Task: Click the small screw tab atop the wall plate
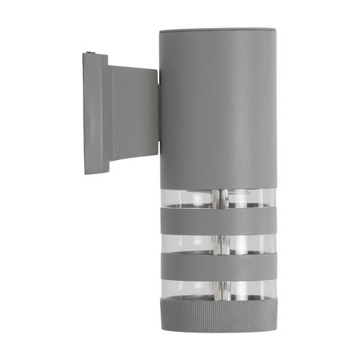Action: pos(91,52)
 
